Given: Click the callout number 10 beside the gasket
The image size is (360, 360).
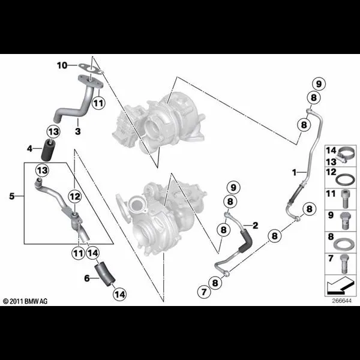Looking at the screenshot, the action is [x=62, y=65].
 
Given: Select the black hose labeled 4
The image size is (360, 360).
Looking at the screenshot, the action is [x=47, y=150].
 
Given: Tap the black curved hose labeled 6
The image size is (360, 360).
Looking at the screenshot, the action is [x=104, y=275].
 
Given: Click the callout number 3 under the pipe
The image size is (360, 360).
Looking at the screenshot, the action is [x=78, y=131].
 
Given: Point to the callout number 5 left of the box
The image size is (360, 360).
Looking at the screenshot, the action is [x=12, y=196].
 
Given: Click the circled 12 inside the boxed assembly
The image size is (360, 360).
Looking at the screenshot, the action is [x=76, y=197].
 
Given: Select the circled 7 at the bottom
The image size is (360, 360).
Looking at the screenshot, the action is [x=203, y=292].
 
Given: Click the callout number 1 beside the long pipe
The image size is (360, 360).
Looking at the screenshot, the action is [x=295, y=172].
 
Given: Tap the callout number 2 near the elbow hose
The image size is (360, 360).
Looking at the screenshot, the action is [x=256, y=226].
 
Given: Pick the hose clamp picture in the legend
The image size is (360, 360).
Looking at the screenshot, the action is [x=341, y=155].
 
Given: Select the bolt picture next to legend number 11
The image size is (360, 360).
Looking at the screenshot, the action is [x=346, y=199].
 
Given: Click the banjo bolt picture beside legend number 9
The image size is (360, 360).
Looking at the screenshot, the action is [x=345, y=221].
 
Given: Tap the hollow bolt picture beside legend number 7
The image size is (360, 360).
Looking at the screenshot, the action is [x=344, y=264].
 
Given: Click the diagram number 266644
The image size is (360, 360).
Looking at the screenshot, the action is [x=341, y=301].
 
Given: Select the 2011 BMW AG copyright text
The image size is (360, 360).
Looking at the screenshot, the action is [x=25, y=301].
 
